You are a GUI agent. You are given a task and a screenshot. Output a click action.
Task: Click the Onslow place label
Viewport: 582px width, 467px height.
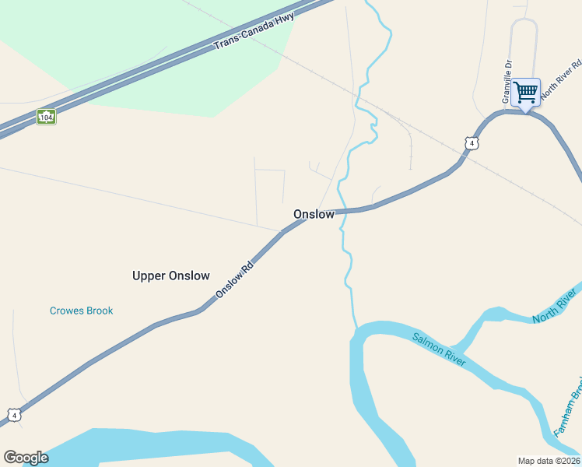tap(314, 214)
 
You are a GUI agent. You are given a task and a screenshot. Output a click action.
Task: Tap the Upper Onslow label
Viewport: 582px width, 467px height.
tap(171, 276)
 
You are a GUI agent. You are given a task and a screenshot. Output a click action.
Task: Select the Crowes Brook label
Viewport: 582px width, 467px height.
tap(81, 311)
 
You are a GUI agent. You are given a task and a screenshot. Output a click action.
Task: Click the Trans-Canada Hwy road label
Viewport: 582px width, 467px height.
tap(254, 33)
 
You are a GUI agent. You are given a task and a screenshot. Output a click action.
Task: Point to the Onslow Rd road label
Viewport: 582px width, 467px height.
tap(235, 279)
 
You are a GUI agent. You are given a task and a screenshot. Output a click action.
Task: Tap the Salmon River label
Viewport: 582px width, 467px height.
tap(439, 349)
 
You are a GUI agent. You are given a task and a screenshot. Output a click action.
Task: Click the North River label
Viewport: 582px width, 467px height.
tap(555, 306)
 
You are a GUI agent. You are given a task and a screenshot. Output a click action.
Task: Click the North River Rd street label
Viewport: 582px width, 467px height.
tap(561, 78)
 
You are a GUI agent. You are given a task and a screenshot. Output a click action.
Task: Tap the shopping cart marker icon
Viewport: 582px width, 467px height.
tap(526, 93)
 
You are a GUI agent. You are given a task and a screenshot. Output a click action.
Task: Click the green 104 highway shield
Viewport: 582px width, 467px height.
tap(47, 117)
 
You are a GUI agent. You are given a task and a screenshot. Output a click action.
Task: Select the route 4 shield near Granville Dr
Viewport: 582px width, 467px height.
tap(471, 143)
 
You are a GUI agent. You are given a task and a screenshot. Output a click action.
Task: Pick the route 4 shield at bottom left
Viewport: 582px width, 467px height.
tap(14, 416)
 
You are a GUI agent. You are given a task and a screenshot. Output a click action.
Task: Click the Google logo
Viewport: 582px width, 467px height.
tap(26, 458)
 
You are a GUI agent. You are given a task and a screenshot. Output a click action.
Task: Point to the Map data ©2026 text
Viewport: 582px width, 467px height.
tap(549, 461)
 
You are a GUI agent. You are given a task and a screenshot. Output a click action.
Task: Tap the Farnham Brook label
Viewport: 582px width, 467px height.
tap(567, 409)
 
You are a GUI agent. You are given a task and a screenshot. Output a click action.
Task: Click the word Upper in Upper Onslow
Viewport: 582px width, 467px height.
tap(149, 276)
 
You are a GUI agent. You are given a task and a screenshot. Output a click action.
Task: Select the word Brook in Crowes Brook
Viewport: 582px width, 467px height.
tap(99, 311)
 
